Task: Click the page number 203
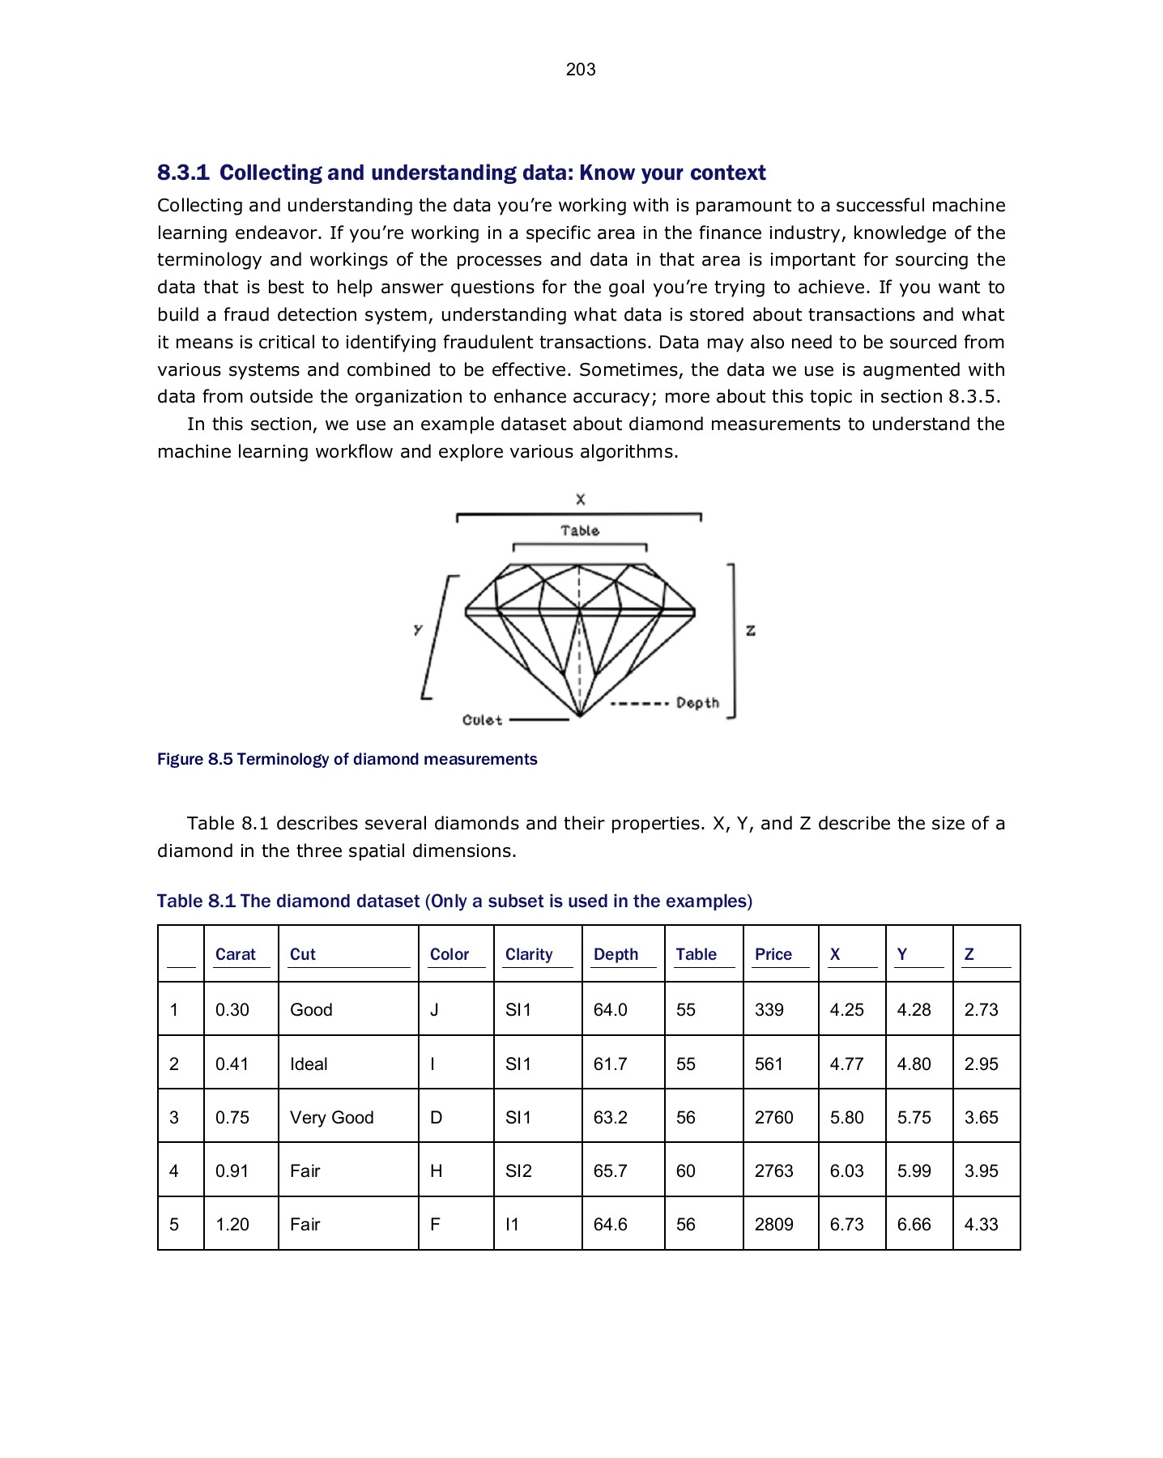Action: (581, 70)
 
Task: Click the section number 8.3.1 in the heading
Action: (183, 173)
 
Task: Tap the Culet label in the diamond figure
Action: (482, 720)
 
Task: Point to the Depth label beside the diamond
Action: (697, 703)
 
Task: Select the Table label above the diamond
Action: (580, 531)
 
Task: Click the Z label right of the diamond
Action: (751, 630)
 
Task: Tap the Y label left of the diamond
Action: (418, 629)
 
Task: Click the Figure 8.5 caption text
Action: (347, 759)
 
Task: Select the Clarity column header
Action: (529, 954)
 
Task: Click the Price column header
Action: (773, 954)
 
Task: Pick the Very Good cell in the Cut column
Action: (331, 1118)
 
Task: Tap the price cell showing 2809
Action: (773, 1225)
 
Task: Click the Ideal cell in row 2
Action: (309, 1064)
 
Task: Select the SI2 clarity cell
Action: (518, 1171)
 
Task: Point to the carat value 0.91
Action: (232, 1171)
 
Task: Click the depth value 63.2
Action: (610, 1118)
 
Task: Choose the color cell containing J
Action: (434, 1010)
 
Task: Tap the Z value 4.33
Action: (981, 1225)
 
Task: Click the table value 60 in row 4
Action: (685, 1171)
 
